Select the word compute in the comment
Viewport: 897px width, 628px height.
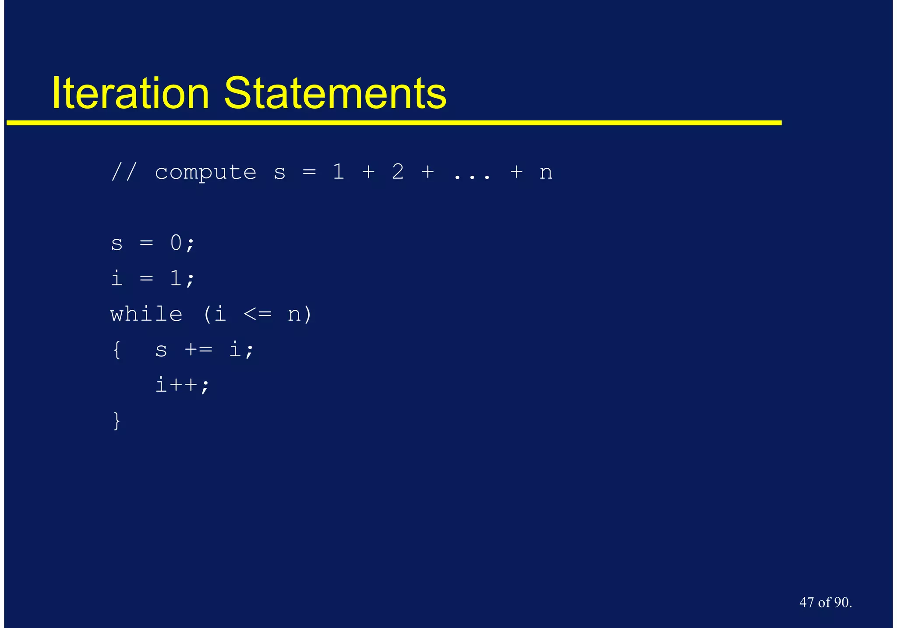coord(205,172)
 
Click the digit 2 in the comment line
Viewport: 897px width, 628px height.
coord(398,171)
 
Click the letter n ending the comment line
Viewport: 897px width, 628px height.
coord(546,173)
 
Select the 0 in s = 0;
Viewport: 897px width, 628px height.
coord(176,243)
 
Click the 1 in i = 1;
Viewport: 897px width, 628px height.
coord(176,278)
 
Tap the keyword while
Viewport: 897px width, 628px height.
coord(146,314)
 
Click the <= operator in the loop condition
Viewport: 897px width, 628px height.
coord(258,314)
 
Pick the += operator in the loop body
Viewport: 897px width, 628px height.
coord(198,350)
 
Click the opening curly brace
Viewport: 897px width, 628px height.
coord(117,350)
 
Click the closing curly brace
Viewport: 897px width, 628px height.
coord(117,421)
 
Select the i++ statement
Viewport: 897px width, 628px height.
coord(182,385)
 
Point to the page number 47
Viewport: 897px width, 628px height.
coord(807,602)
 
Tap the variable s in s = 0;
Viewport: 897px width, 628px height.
coord(117,244)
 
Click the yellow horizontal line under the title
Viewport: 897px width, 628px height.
coord(394,123)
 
